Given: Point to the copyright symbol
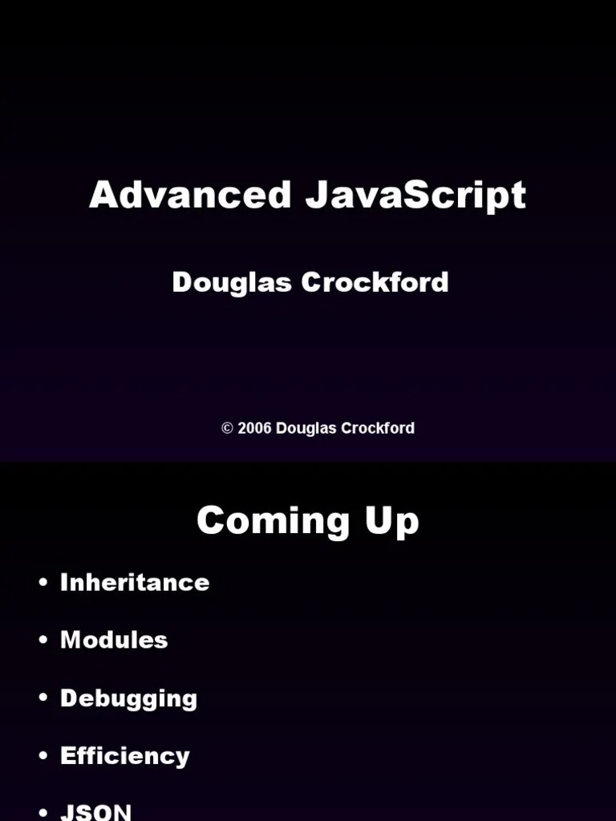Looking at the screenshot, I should [227, 428].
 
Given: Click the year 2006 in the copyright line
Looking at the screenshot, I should [253, 428].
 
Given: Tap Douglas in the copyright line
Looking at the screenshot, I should [306, 428].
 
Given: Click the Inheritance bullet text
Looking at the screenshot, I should [135, 582].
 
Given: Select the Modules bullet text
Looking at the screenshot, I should [114, 640].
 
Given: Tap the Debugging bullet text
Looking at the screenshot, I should [128, 698].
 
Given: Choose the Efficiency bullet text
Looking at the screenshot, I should [125, 756].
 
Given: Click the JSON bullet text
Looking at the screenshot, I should [95, 811].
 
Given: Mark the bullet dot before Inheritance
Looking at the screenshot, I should [43, 583].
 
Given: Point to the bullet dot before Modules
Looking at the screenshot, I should [43, 641].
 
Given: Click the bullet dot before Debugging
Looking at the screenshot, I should [43, 698].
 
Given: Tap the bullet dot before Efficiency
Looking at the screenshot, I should [43, 756].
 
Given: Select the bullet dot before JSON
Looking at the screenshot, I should [43, 813].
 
